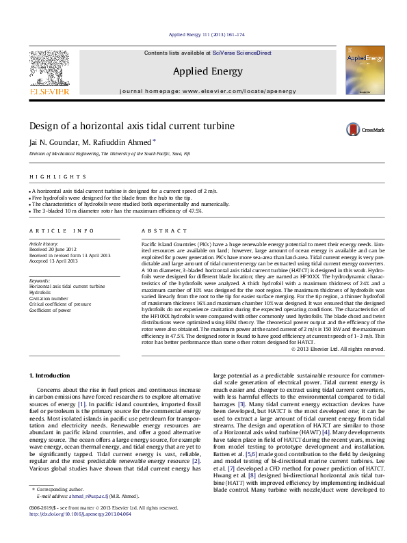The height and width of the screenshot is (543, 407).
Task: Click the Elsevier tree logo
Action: (49, 68)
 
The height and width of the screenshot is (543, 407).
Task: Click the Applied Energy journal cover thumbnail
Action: (365, 70)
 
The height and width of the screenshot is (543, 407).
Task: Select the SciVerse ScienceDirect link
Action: (241, 53)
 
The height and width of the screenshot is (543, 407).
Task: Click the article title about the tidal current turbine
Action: (131, 127)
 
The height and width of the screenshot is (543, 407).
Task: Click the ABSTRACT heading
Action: (157, 232)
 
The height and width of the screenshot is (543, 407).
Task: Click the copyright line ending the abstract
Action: (338, 349)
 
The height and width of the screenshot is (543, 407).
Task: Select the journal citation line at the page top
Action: (206, 34)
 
